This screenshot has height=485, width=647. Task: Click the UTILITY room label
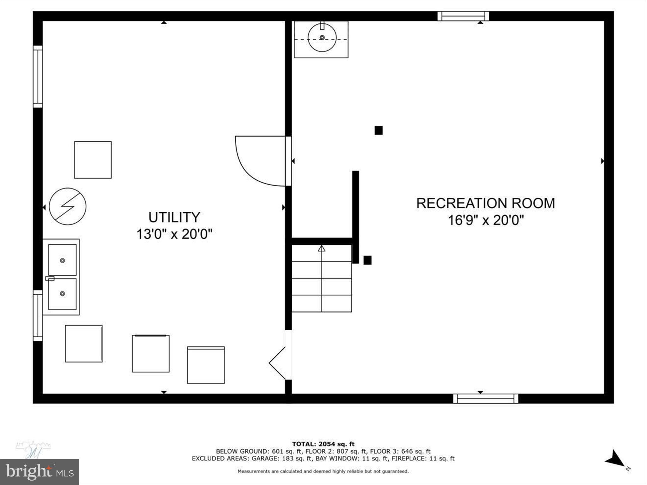tap(174, 217)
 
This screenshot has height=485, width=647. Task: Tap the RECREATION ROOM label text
tap(486, 203)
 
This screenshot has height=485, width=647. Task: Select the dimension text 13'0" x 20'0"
tap(174, 234)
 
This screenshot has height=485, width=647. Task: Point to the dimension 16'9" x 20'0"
tap(486, 220)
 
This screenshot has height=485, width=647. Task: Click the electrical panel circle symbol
tap(68, 207)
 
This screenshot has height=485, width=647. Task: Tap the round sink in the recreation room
tap(322, 38)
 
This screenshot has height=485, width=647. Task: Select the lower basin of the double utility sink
tap(62, 294)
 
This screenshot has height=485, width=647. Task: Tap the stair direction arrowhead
tap(322, 248)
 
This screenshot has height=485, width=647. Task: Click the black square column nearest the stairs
tap(367, 260)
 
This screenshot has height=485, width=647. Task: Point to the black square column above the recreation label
tap(378, 130)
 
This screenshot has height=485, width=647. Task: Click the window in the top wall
tap(463, 16)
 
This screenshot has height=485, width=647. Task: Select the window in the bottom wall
tap(486, 398)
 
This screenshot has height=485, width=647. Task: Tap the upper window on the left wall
tap(38, 77)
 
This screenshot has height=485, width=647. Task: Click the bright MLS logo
tap(39, 472)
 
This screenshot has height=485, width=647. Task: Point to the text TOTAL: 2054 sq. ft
tap(323, 444)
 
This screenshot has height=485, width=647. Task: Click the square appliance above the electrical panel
tap(93, 160)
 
